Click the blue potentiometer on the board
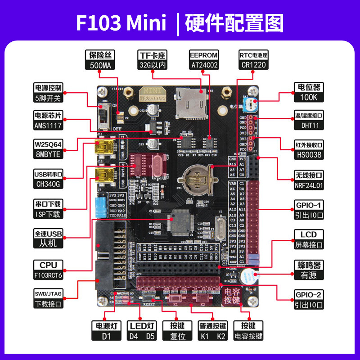point(250,105)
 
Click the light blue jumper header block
point(100,207)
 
